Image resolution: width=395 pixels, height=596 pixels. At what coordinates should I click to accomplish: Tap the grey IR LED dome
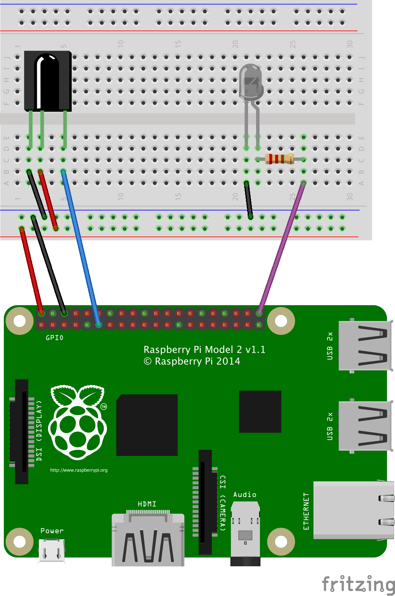[x=251, y=81]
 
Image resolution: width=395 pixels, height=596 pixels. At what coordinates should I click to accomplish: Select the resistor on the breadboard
[x=279, y=159]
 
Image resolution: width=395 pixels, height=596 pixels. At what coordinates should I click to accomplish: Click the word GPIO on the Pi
[x=54, y=338]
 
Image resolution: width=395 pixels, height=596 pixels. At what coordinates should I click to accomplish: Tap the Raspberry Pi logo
[x=77, y=422]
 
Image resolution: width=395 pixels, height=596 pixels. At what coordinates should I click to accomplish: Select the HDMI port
[x=148, y=539]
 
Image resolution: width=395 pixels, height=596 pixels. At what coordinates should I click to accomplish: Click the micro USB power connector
[x=52, y=550]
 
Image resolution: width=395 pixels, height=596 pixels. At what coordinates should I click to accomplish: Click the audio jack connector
[x=245, y=533]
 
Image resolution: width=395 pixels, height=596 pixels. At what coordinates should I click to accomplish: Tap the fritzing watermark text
[x=358, y=584]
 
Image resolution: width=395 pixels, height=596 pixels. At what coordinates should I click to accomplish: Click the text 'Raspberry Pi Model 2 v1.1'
[x=204, y=349]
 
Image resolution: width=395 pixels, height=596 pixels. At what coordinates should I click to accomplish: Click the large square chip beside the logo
[x=147, y=425]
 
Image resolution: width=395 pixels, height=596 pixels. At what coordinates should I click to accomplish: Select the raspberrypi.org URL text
[x=79, y=470]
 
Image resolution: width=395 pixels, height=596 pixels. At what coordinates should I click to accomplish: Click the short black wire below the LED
[x=248, y=200]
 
